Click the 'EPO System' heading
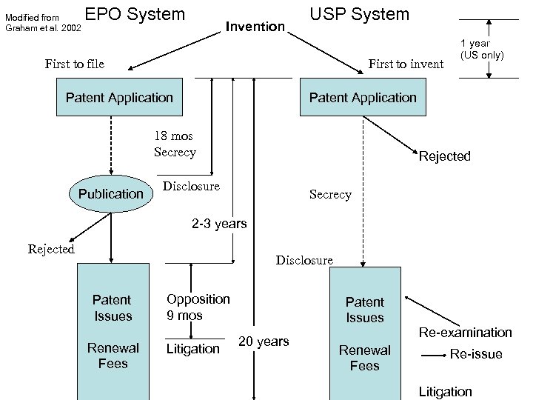[x=135, y=14]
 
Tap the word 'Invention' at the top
[x=255, y=27]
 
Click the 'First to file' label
[x=74, y=64]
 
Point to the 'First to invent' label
[x=406, y=64]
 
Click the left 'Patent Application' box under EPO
[x=119, y=98]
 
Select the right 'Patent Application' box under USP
[x=363, y=98]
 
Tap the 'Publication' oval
[x=110, y=193]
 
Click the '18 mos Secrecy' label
[x=175, y=144]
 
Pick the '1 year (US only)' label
[x=482, y=49]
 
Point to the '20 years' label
[x=263, y=341]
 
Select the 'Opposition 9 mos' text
[x=198, y=307]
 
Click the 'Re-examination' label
[x=465, y=333]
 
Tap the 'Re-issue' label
[x=476, y=354]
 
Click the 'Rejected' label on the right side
[x=444, y=156]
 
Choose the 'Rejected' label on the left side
[x=51, y=249]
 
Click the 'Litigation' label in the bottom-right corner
[x=445, y=391]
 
